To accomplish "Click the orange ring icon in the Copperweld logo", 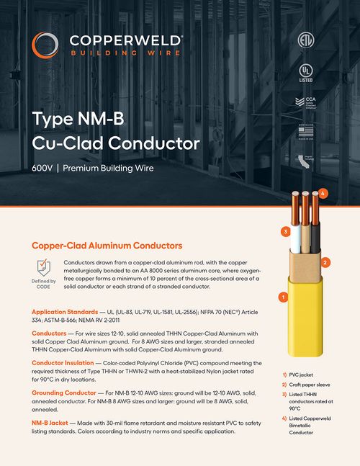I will pos(41,44).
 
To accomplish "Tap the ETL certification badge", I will pos(307,40).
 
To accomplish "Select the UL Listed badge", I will pos(307,73).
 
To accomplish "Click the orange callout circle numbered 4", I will pos(323,193).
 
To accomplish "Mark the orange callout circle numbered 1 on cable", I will pos(283,296).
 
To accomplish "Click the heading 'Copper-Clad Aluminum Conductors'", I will pos(107,246).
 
